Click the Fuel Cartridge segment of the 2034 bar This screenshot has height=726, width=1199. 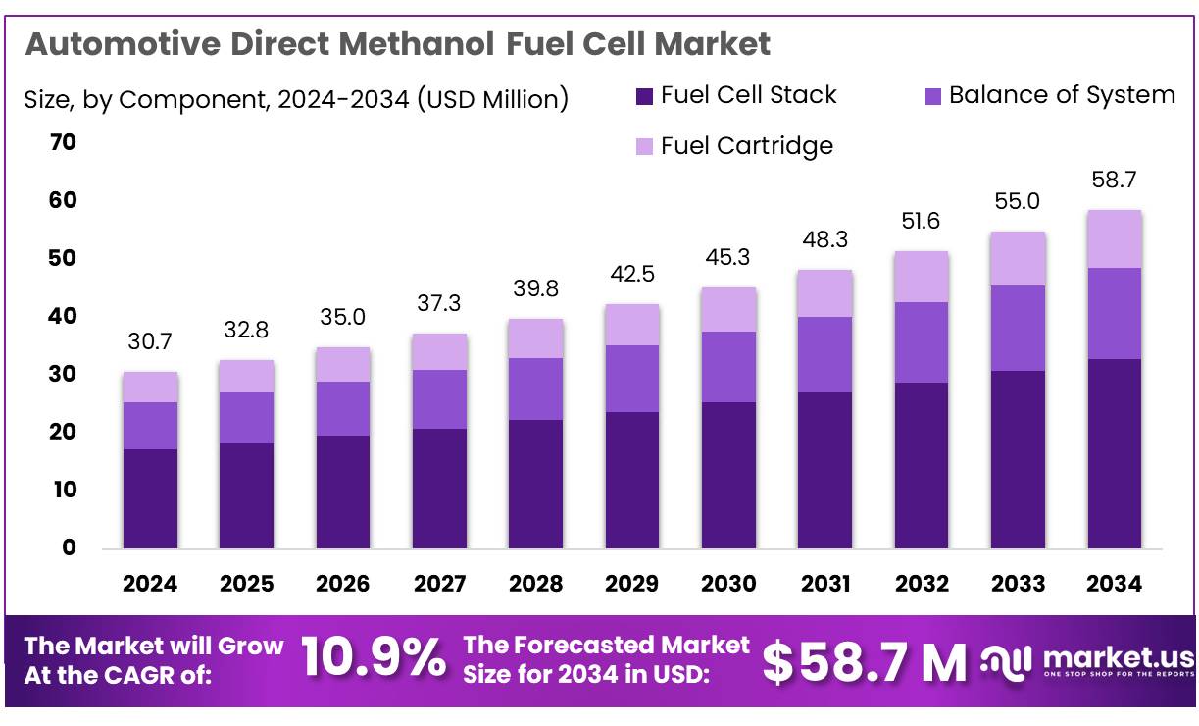pos(1114,238)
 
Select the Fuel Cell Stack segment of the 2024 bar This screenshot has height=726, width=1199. pos(150,498)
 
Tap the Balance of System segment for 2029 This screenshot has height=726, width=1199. pos(631,379)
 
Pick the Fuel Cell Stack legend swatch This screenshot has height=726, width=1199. pos(644,96)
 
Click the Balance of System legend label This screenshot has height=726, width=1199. pos(1062,95)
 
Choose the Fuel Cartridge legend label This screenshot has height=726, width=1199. pos(746,146)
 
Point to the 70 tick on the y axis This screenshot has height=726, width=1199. pos(63,143)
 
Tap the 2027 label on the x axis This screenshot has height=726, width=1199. pos(439,584)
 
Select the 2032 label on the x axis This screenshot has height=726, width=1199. pos(922,584)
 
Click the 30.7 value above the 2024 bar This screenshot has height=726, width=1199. pos(150,343)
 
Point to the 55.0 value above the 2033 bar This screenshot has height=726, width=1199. pos(1018,202)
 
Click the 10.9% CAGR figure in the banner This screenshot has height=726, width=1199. pos(373,658)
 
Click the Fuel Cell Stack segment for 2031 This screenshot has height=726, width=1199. pos(824,470)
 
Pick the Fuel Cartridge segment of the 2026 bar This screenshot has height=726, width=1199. pos(343,364)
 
